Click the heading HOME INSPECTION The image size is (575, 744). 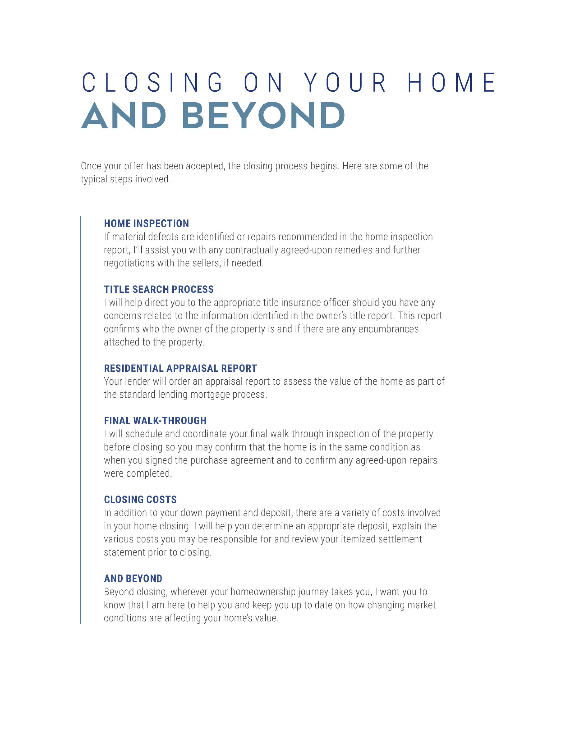tap(146, 223)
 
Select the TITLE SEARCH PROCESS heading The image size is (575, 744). tap(159, 289)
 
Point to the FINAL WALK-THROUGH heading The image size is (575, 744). tap(155, 421)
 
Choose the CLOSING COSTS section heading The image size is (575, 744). tap(140, 500)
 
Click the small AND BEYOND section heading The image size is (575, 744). tap(133, 579)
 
